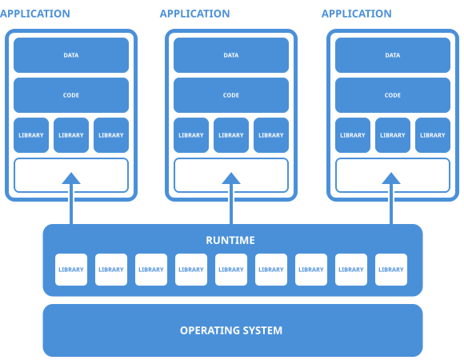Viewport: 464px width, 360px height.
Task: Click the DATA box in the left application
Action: tap(71, 55)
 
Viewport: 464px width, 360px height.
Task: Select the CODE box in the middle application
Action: tap(231, 95)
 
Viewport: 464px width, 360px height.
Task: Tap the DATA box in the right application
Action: tap(393, 55)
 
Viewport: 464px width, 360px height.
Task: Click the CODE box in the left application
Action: tap(71, 95)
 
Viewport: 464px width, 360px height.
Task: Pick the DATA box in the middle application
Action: tap(231, 55)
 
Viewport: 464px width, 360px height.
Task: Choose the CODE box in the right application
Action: tap(393, 95)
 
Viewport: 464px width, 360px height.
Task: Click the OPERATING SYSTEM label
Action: tap(231, 330)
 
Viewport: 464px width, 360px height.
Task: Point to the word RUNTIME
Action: tap(231, 240)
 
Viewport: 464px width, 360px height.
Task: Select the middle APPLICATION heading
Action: tap(194, 14)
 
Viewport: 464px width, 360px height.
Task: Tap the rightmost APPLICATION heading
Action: tap(356, 14)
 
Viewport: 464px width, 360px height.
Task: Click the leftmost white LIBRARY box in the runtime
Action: tap(71, 270)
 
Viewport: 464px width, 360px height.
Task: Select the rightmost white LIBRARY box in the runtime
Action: tap(391, 270)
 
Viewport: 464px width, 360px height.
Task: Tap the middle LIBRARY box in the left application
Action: tap(71, 135)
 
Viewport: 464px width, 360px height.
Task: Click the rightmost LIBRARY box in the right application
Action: tap(433, 135)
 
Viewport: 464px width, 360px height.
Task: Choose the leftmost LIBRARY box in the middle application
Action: tap(191, 135)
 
